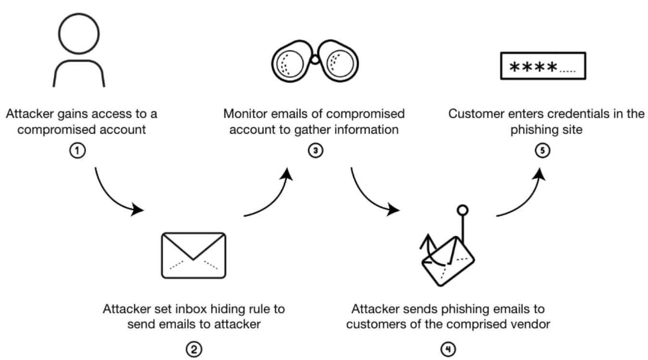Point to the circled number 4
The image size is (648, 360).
click(448, 349)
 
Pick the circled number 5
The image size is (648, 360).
click(542, 150)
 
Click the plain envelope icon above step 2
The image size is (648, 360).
click(193, 255)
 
